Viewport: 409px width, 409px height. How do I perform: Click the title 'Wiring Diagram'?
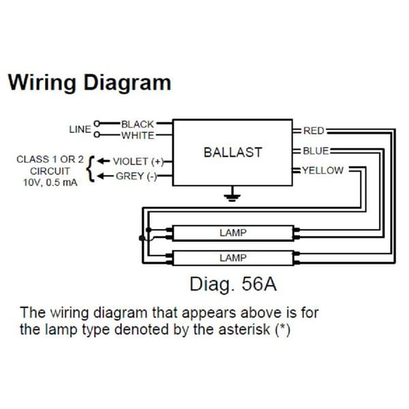pyautogui.click(x=89, y=83)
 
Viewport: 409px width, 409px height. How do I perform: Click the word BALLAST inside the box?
pyautogui.click(x=232, y=153)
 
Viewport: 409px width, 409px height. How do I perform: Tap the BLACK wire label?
pyautogui.click(x=138, y=125)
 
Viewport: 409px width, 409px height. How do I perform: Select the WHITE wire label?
pyautogui.click(x=138, y=135)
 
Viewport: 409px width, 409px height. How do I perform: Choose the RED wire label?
pyautogui.click(x=314, y=130)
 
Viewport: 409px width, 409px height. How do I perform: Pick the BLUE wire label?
pyautogui.click(x=316, y=151)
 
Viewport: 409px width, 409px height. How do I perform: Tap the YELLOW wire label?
pyautogui.click(x=322, y=170)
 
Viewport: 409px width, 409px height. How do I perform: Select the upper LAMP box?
pyautogui.click(x=232, y=233)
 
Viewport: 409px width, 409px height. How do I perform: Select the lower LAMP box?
pyautogui.click(x=232, y=258)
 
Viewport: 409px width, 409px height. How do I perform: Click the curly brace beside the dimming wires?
pyautogui.click(x=91, y=168)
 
